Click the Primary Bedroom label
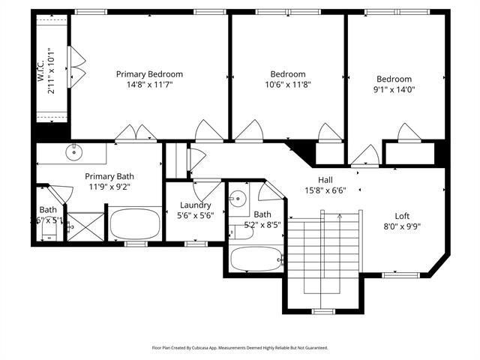click(x=149, y=74)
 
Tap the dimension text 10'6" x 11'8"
click(x=288, y=85)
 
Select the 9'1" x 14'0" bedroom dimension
click(x=394, y=90)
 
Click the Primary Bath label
click(x=109, y=176)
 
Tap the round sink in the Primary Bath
click(x=73, y=154)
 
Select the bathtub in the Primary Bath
click(x=135, y=223)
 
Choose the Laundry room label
click(x=195, y=205)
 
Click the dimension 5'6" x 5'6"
click(x=195, y=215)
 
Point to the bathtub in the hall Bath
click(x=255, y=259)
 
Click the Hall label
click(x=325, y=180)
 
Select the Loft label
click(x=402, y=216)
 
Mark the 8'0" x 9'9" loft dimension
click(x=402, y=227)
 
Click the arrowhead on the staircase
click(x=340, y=215)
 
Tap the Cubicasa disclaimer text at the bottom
click(x=240, y=348)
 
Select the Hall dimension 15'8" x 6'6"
click(x=325, y=190)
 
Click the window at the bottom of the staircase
click(x=322, y=310)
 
